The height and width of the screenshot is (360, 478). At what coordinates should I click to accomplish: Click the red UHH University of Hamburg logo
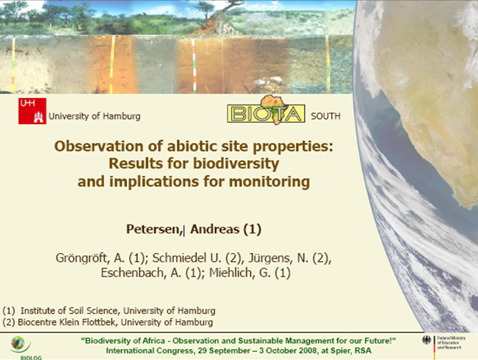(32, 111)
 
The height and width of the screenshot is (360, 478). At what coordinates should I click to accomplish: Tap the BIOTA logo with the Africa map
(266, 110)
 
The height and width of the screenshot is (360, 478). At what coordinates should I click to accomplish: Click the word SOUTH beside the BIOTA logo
(326, 116)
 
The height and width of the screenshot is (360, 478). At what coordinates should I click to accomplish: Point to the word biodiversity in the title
(236, 163)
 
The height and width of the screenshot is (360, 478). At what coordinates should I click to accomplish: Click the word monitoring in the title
(269, 182)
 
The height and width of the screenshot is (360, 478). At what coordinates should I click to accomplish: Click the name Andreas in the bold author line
(215, 229)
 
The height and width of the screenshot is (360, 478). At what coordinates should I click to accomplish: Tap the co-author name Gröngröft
(82, 258)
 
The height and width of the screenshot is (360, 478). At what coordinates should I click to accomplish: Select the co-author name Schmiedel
(179, 258)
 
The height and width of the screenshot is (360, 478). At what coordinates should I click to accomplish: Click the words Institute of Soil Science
(69, 311)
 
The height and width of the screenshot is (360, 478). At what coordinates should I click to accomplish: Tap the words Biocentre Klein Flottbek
(66, 322)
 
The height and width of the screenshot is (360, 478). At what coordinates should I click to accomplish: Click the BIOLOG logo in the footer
(23, 348)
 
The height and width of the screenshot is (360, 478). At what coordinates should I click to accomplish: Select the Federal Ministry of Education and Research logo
(443, 346)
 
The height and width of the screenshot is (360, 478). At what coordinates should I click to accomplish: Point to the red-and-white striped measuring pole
(194, 66)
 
